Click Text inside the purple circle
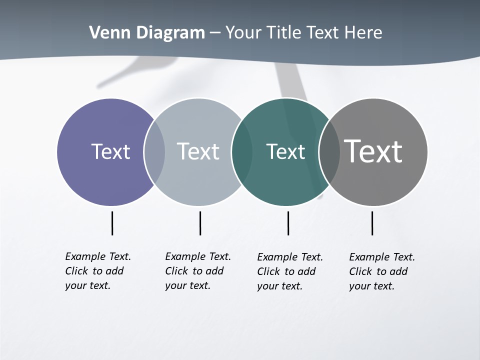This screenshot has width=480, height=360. click(110, 151)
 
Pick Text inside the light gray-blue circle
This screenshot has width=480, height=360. click(198, 151)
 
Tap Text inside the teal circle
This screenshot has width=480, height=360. click(285, 151)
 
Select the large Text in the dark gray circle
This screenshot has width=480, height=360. click(373, 151)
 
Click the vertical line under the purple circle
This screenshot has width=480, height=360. click(112, 223)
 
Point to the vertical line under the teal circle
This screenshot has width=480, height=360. click(288, 223)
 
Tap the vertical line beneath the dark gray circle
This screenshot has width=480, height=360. click(372, 223)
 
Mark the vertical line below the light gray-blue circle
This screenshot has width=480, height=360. click(200, 223)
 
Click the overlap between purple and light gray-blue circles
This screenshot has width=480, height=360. click(154, 152)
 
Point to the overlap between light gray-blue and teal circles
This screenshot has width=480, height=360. click(241, 152)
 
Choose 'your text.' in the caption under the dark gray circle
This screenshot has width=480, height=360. click(371, 286)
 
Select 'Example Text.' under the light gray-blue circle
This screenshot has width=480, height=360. click(198, 256)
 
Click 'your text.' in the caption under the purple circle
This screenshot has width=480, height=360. click(87, 285)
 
